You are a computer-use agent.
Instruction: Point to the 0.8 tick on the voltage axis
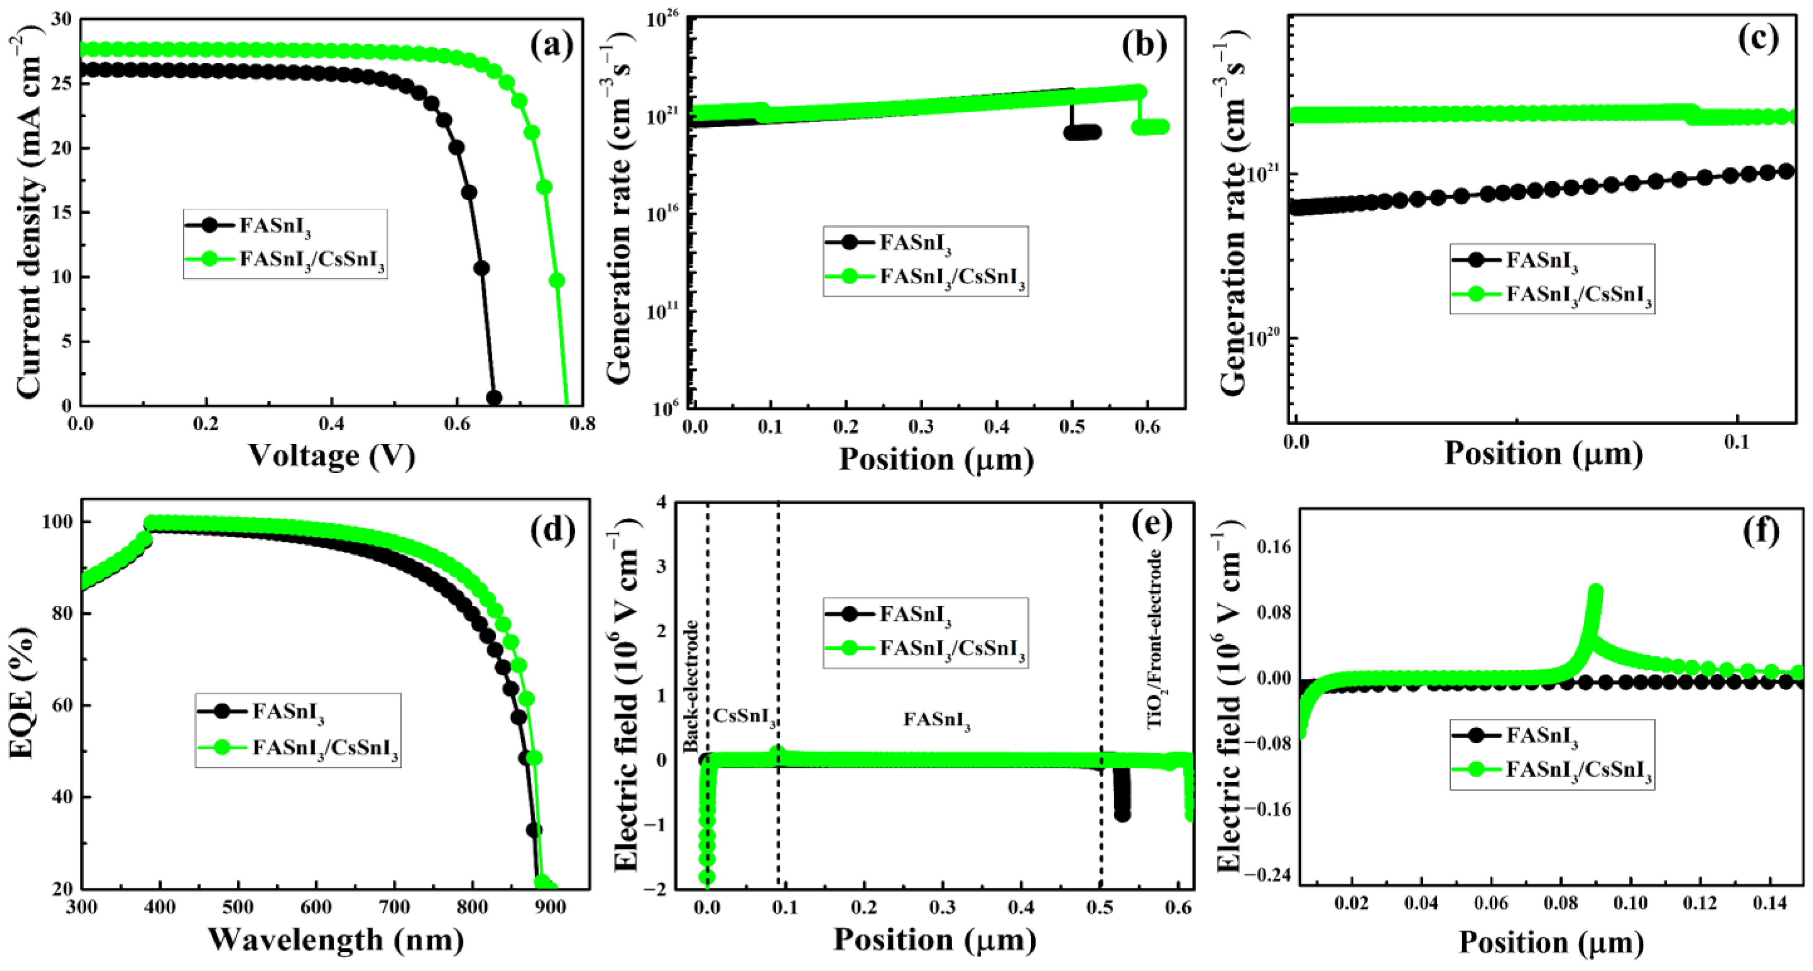click(581, 424)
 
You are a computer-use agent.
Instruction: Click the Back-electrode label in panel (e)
click(691, 686)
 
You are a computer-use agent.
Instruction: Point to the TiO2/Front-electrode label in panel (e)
click(1155, 639)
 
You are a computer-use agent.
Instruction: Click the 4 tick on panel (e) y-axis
click(660, 502)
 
